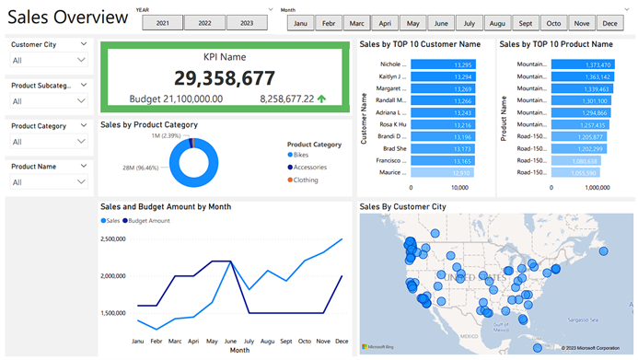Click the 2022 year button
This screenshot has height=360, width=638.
click(203, 23)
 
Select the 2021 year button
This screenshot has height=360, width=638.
click(163, 23)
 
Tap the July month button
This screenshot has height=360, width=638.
click(470, 23)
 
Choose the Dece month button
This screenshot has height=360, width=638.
click(609, 23)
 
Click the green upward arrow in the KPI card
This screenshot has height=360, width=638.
click(321, 98)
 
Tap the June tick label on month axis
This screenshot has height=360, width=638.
click(229, 341)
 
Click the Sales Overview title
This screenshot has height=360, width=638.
click(68, 17)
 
